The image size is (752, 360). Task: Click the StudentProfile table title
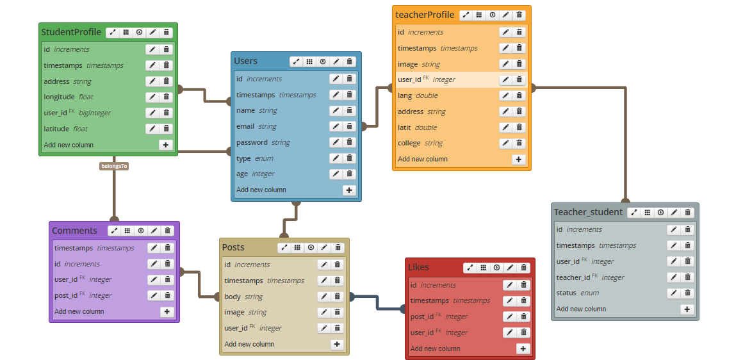[71, 32]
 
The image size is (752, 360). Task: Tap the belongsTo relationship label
[115, 166]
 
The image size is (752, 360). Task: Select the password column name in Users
[252, 142]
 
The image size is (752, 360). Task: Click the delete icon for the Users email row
[350, 126]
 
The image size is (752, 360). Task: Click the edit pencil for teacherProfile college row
[505, 143]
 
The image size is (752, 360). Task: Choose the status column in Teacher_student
[567, 293]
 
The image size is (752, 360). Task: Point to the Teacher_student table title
[588, 212]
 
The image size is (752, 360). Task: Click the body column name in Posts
[233, 297]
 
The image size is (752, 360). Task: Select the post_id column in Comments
[65, 295]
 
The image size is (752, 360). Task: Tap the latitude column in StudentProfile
[56, 129]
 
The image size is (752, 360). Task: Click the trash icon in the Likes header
[524, 268]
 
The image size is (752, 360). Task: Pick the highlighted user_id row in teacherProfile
[448, 79]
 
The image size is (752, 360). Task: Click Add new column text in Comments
[79, 311]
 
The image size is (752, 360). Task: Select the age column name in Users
[242, 174]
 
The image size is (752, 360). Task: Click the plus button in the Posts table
[338, 344]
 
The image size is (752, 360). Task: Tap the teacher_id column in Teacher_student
[573, 277]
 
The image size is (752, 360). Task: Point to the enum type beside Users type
[264, 158]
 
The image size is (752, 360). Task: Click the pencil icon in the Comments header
[154, 231]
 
